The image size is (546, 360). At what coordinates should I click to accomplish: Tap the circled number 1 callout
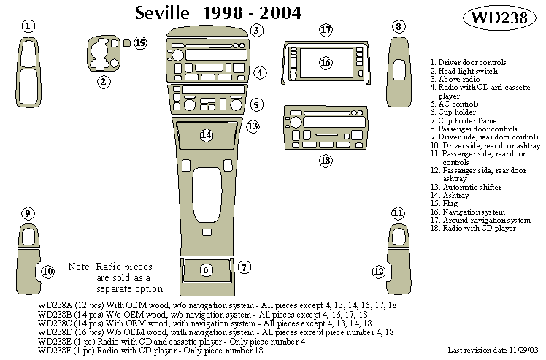coord(27,27)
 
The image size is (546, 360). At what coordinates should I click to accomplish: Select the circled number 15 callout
coord(140,43)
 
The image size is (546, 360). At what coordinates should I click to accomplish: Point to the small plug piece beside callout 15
coord(127,43)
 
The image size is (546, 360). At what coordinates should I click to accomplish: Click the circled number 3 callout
coord(256,30)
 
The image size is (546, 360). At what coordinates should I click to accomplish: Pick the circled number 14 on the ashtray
coord(207,134)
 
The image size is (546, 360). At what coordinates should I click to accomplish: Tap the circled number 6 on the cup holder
coord(207,270)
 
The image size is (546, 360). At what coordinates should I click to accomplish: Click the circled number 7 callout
coord(245,267)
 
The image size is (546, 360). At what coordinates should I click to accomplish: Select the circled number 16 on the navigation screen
coord(326,63)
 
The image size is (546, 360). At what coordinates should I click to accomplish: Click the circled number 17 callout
coord(326,30)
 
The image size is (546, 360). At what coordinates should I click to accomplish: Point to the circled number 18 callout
coord(326,160)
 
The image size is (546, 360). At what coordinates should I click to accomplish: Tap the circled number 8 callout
coord(399,27)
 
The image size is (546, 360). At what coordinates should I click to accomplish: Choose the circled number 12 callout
coord(379,271)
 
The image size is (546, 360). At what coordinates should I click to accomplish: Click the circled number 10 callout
coord(47,272)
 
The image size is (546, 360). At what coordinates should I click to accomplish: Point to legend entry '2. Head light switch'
coord(464,72)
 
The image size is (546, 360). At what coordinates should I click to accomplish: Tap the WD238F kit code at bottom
coord(55,351)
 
